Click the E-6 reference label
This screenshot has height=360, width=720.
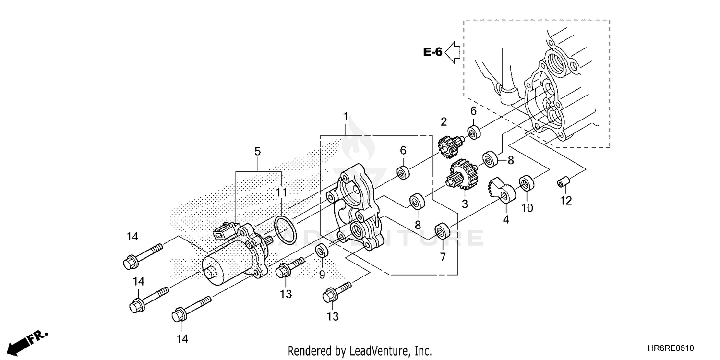432,52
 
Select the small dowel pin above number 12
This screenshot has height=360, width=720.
563,183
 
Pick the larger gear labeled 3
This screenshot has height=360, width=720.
462,174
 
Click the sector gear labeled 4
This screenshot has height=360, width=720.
501,191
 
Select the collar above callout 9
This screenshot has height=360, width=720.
321,251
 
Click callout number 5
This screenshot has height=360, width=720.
258,152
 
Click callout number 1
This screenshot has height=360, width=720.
345,117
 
